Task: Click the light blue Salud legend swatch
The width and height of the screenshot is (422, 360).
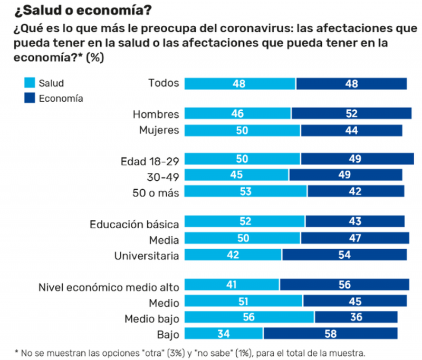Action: (30, 83)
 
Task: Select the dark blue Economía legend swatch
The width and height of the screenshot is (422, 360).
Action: (30, 98)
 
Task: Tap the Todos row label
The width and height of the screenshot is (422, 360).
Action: (164, 83)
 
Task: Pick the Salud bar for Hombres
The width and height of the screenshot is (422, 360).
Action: (237, 113)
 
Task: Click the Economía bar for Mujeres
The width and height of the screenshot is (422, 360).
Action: (351, 130)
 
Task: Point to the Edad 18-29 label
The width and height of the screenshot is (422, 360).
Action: (150, 161)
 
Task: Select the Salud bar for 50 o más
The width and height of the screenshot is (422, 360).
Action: (246, 191)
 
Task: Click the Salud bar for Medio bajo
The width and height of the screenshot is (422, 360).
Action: (250, 318)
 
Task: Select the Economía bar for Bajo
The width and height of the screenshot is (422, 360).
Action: (330, 334)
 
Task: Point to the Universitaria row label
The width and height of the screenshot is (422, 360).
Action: (146, 256)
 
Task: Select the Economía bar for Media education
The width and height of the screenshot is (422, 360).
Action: (354, 239)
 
